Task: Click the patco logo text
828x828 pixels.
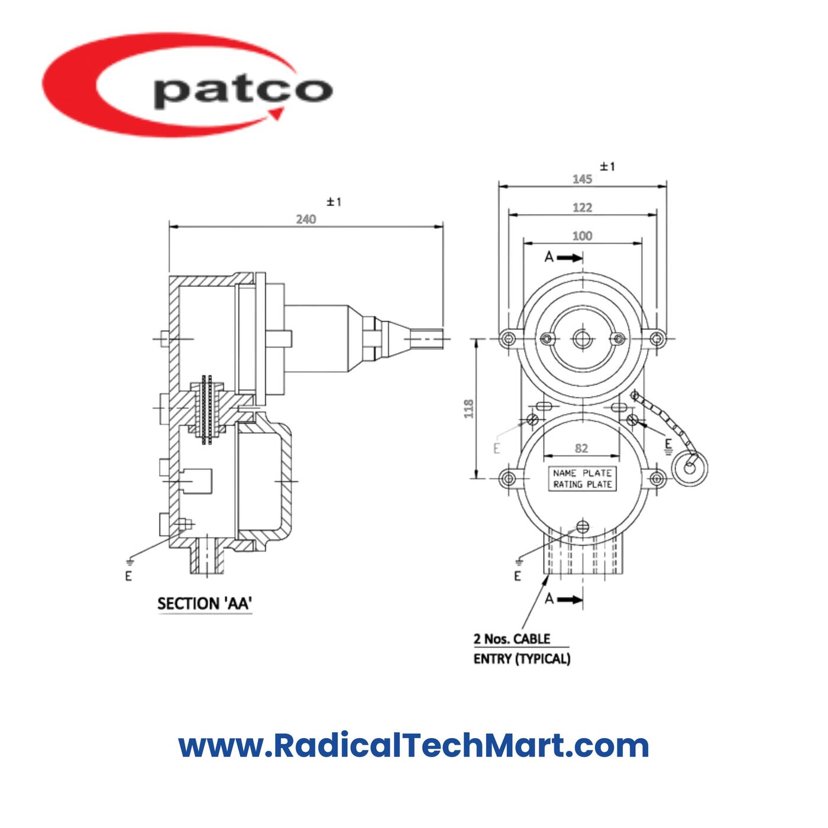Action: (242, 90)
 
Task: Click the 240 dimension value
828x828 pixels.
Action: (306, 219)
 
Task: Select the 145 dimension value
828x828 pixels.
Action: (582, 179)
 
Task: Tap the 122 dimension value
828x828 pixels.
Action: (582, 208)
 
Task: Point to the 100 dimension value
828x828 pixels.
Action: (582, 236)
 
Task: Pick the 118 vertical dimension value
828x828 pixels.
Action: (468, 409)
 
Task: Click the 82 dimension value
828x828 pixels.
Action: (581, 448)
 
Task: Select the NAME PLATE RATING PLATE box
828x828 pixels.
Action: (582, 478)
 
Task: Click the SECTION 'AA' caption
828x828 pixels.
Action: (205, 604)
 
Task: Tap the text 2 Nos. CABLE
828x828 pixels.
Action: (512, 639)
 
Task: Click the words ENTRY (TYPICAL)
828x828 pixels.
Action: (522, 659)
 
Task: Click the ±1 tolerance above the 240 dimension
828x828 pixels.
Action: (334, 202)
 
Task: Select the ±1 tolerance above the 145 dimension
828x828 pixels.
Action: (607, 167)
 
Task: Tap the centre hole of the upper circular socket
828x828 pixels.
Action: (582, 339)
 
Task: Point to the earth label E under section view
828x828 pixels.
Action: (128, 575)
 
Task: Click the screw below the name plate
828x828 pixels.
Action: (583, 526)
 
